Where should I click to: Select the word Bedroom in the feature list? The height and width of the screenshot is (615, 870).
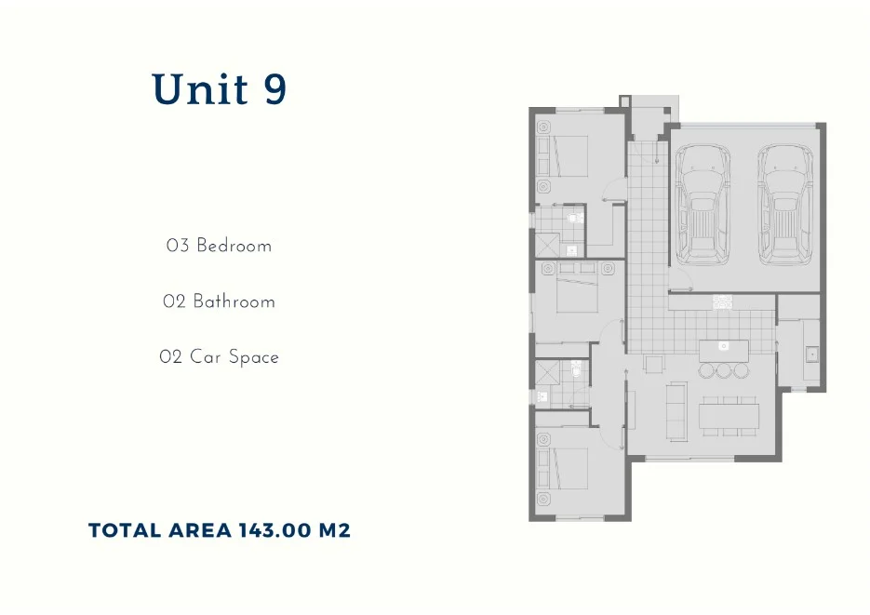(234, 247)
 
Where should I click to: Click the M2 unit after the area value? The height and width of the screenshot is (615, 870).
(335, 531)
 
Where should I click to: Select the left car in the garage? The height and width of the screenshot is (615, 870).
(703, 203)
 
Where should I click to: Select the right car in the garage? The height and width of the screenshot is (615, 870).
(785, 203)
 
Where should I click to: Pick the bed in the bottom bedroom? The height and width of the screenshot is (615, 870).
(567, 468)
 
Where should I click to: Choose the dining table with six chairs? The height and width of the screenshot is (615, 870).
(729, 413)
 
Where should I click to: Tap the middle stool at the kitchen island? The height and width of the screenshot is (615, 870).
(724, 370)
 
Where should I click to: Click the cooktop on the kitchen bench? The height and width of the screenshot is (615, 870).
(723, 301)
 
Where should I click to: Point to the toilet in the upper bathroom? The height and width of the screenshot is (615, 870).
(576, 220)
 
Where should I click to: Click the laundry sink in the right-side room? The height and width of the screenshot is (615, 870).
(811, 354)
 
